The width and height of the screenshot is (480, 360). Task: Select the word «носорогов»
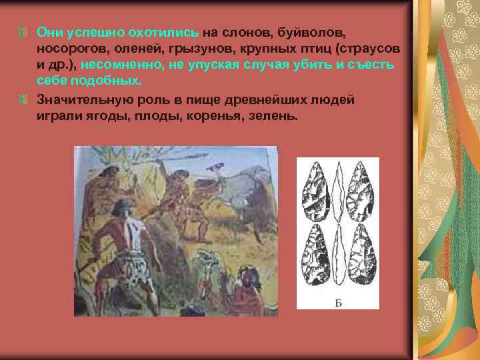(69, 49)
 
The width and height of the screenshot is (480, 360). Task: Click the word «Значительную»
(79, 99)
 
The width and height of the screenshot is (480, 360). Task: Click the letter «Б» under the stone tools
(337, 304)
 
